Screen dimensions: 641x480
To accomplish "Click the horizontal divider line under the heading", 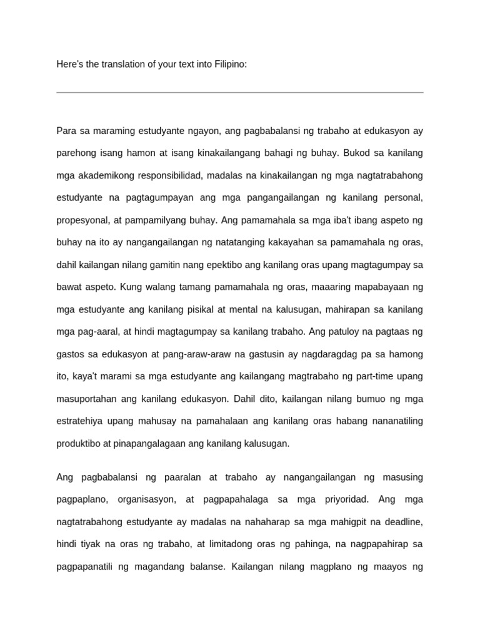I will coord(240,93).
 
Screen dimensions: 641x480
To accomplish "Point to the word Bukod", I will coord(356,153).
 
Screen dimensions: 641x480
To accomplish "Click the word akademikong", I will coord(109,176).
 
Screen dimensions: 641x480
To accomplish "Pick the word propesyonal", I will coord(83,220).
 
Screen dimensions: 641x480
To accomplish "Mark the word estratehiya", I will coord(81,421).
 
